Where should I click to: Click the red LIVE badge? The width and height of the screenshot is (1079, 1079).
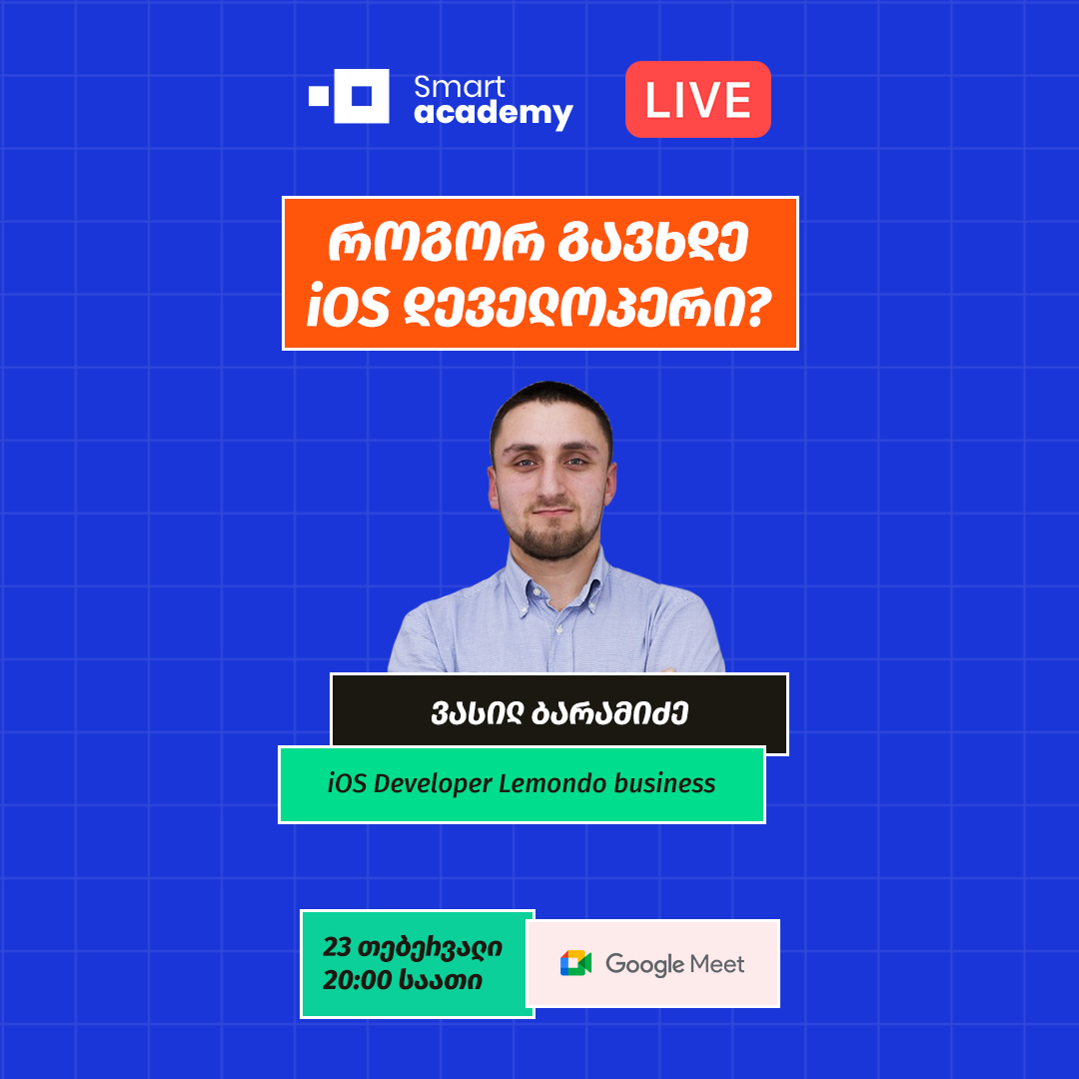point(697,99)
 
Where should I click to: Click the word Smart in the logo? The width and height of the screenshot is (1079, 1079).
point(460,87)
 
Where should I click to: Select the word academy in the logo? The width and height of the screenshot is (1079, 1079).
point(494,113)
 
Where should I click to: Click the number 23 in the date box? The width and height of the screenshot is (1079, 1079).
point(338,946)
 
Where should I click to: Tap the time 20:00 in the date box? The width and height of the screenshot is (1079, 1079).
point(356,981)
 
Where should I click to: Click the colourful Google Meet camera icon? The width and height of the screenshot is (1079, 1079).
point(576,963)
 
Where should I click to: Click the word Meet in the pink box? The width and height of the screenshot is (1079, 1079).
point(719,963)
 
